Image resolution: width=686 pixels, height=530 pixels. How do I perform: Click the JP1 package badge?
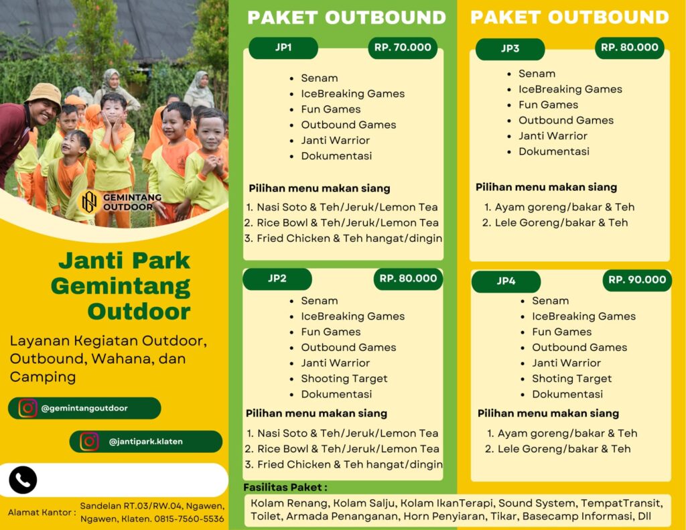pos(283,48)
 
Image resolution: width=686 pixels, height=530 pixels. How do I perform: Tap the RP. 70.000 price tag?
pos(403,48)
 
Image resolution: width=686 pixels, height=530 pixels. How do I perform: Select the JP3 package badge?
pos(510,49)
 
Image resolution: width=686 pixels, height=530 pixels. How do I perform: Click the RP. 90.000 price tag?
pos(637,280)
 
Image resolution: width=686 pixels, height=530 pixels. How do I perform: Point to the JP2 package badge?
pos(277,279)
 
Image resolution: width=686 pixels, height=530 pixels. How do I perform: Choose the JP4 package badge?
pos(506,281)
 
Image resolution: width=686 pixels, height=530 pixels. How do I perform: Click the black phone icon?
pos(23,480)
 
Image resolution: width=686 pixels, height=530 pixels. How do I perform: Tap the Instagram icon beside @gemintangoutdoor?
pos(27,408)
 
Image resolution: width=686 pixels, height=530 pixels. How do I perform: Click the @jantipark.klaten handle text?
pos(145,442)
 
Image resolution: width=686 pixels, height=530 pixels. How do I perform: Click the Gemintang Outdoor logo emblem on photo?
pos(89,202)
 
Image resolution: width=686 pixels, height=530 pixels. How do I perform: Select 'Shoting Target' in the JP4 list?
pos(571,379)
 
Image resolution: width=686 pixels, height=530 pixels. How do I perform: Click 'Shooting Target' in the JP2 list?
pos(344,379)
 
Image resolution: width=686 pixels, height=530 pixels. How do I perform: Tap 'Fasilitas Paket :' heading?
pos(285,487)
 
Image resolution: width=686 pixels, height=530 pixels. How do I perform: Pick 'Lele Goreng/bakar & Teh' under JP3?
pos(561,222)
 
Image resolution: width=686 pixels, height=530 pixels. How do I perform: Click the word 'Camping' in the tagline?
pos(42,377)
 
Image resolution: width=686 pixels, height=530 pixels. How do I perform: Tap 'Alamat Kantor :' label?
pos(42,513)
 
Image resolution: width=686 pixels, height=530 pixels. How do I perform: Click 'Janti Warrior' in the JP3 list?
pos(553,135)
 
